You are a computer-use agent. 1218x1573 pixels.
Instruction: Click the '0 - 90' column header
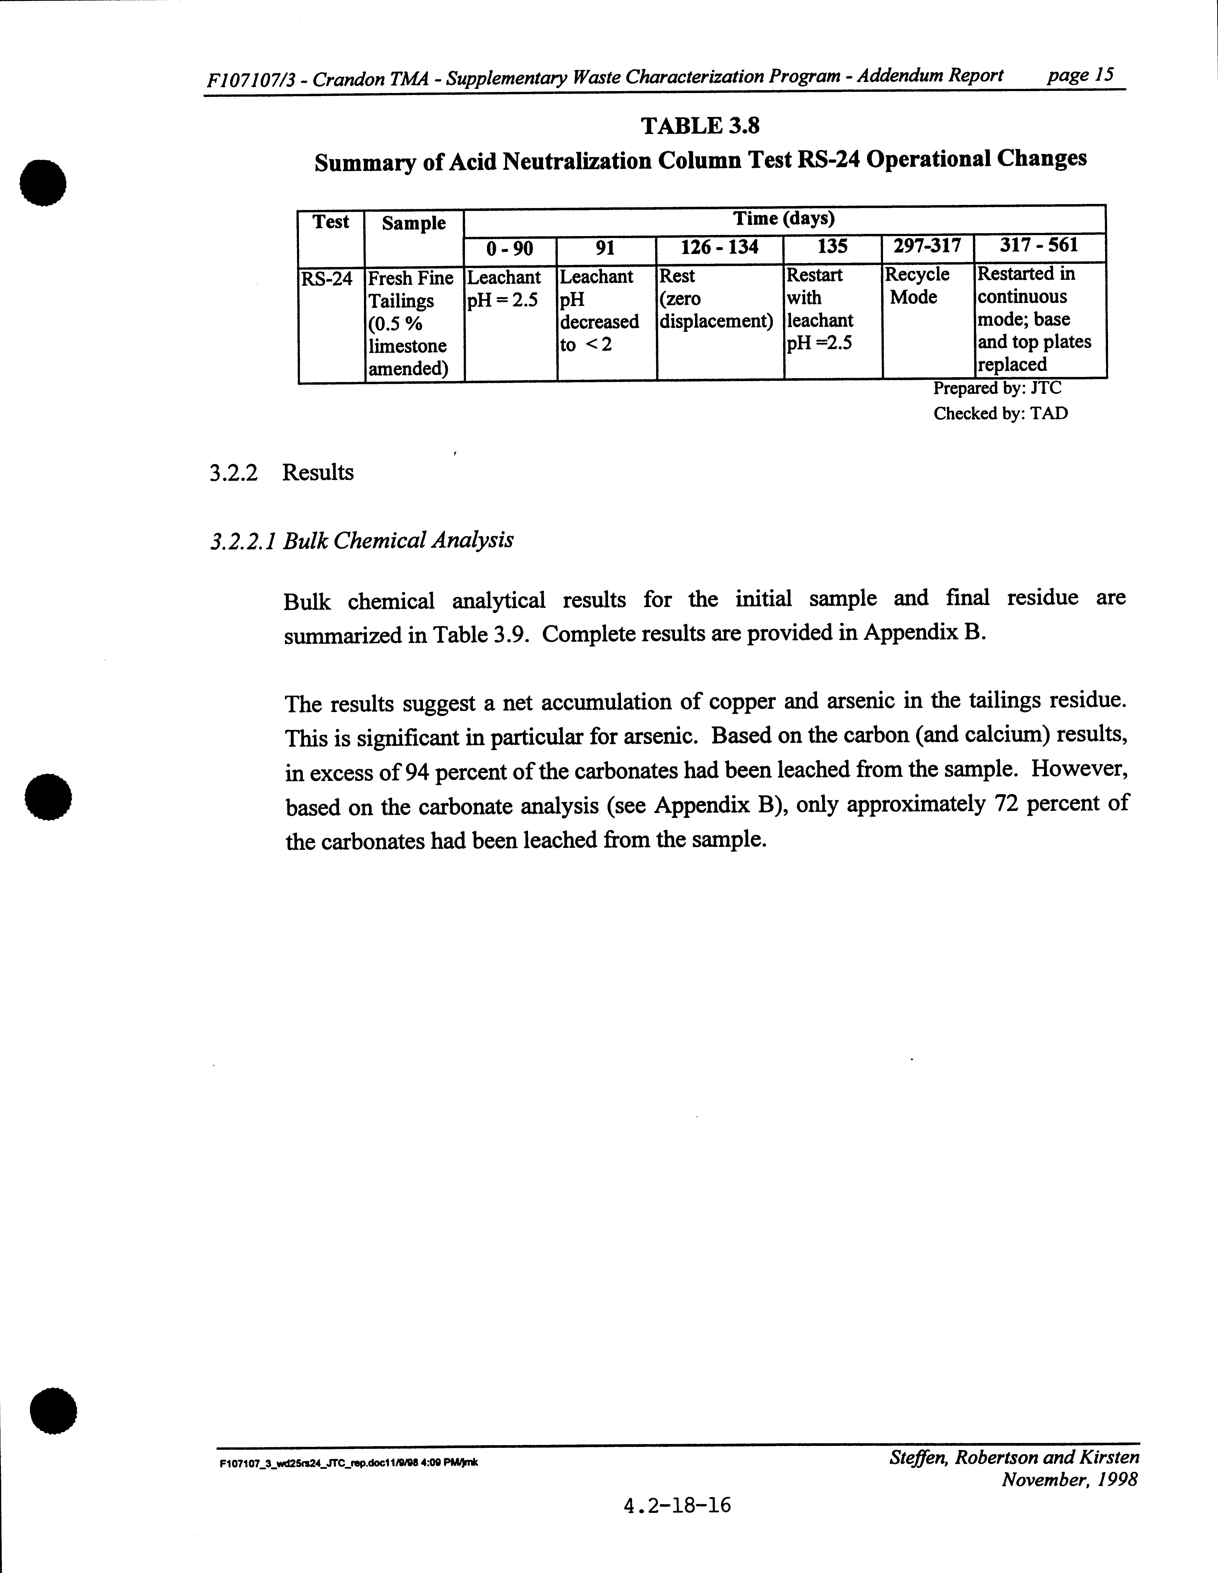pyautogui.click(x=509, y=248)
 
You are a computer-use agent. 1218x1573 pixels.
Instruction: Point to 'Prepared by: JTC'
pyautogui.click(x=997, y=388)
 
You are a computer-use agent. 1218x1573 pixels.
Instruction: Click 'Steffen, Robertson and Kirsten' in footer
pyautogui.click(x=1014, y=1458)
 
